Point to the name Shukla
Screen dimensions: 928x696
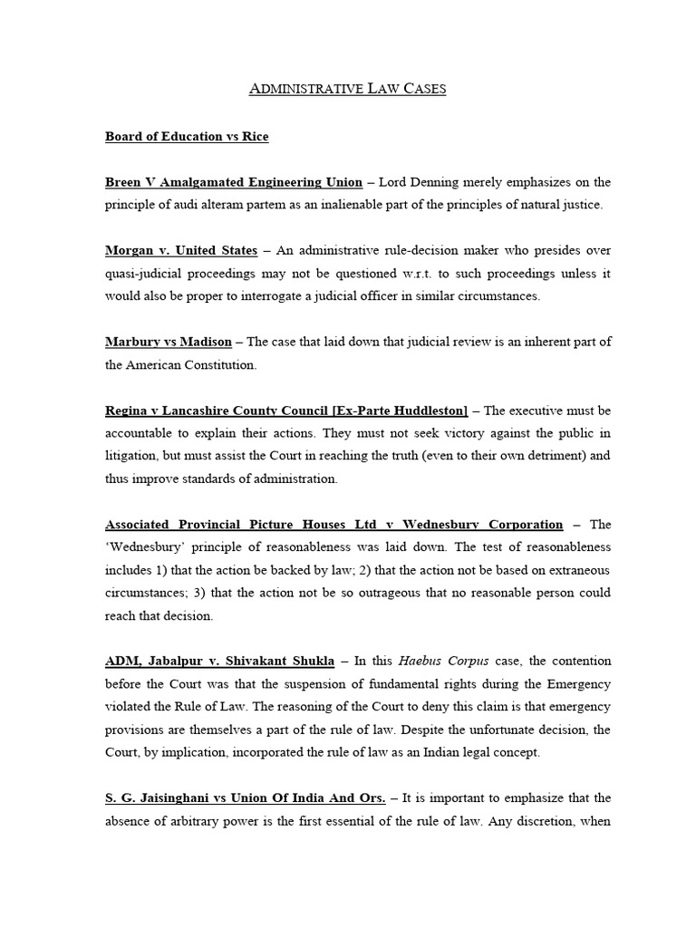(310, 661)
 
